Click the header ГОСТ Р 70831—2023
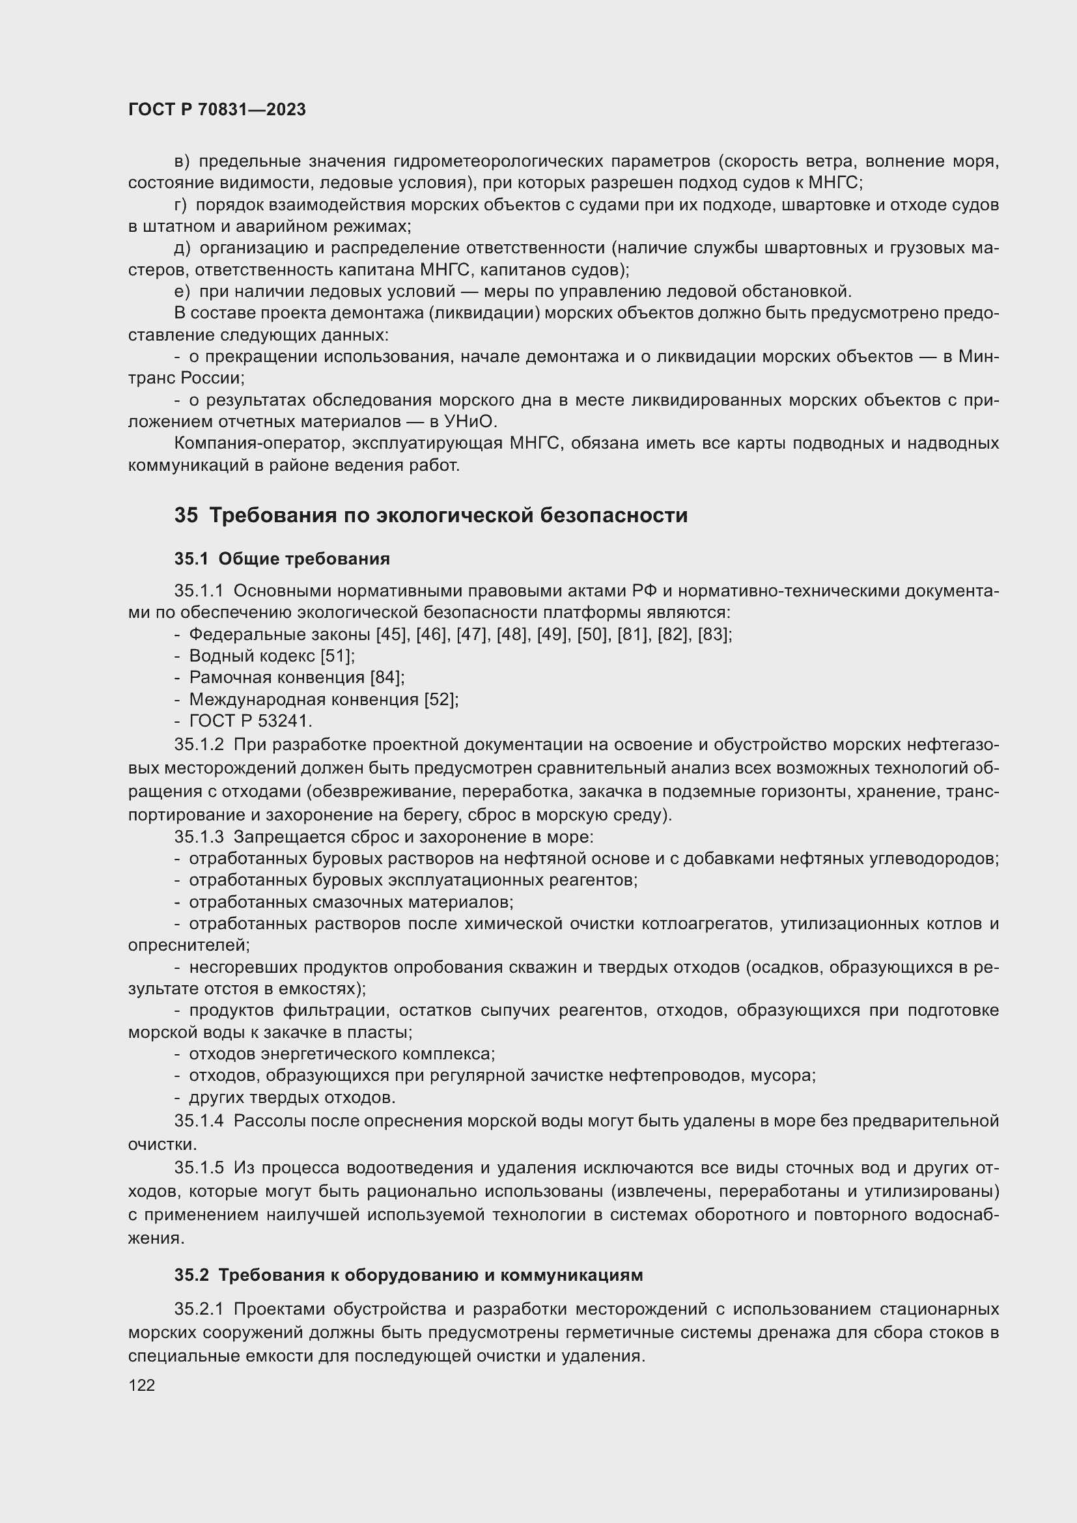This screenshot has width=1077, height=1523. pos(217,109)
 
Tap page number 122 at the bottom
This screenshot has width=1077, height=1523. pos(141,1385)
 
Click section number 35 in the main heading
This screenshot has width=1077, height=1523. pos(186,516)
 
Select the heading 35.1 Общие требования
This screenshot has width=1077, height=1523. pos(282,559)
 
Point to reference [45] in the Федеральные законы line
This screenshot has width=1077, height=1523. pos(391,635)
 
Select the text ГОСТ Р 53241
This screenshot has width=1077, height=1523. pos(250,720)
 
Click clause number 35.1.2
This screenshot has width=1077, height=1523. pos(200,744)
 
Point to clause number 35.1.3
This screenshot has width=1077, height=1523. pos(200,837)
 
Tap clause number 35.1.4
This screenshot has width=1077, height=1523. pos(200,1121)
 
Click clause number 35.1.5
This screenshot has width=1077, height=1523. pos(200,1167)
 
